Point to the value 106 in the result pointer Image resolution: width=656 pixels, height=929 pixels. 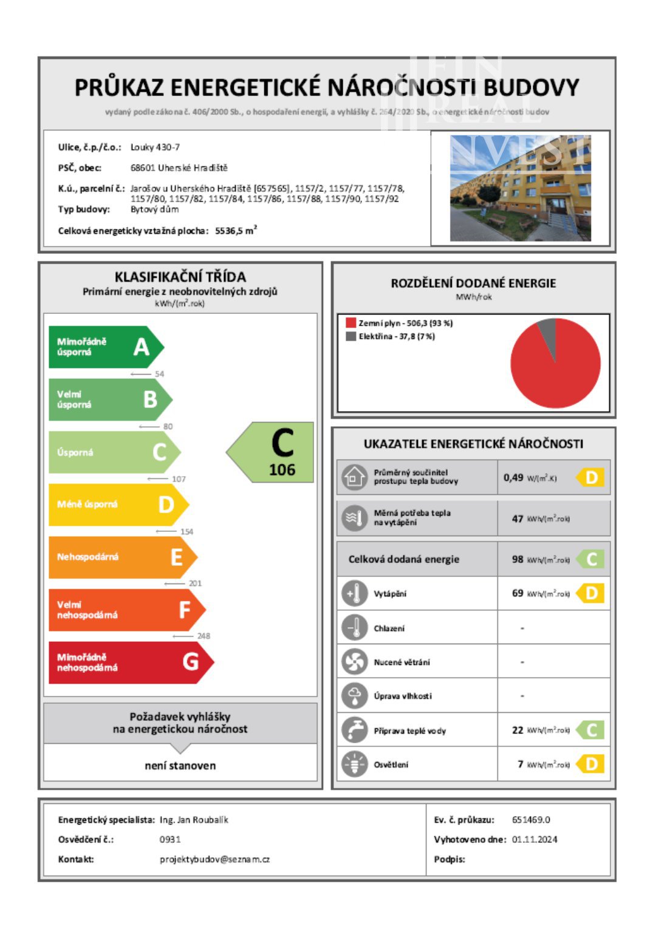pyautogui.click(x=282, y=470)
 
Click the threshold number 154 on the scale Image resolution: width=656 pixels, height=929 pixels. pyautogui.click(x=186, y=531)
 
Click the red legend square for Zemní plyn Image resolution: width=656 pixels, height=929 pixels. pyautogui.click(x=350, y=323)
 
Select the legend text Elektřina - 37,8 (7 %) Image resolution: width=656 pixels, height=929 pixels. pyautogui.click(x=397, y=336)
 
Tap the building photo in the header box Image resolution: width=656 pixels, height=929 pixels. pyautogui.click(x=520, y=188)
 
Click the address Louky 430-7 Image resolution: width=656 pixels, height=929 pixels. pyautogui.click(x=155, y=147)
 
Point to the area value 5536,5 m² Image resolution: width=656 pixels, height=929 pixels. pyautogui.click(x=236, y=231)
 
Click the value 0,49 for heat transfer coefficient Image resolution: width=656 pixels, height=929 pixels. pyautogui.click(x=513, y=478)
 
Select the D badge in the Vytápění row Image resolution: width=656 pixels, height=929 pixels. pyautogui.click(x=591, y=593)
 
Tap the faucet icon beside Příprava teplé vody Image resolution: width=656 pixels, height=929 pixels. pyautogui.click(x=354, y=730)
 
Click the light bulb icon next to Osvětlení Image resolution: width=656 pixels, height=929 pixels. pyautogui.click(x=354, y=764)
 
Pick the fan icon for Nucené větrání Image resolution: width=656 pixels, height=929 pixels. pyautogui.click(x=354, y=662)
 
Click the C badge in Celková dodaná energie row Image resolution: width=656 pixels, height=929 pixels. pyautogui.click(x=591, y=559)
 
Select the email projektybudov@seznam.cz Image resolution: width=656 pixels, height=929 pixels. pyautogui.click(x=214, y=859)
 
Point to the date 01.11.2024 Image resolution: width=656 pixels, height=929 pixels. pyautogui.click(x=535, y=839)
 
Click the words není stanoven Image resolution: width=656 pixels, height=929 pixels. pyautogui.click(x=180, y=766)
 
